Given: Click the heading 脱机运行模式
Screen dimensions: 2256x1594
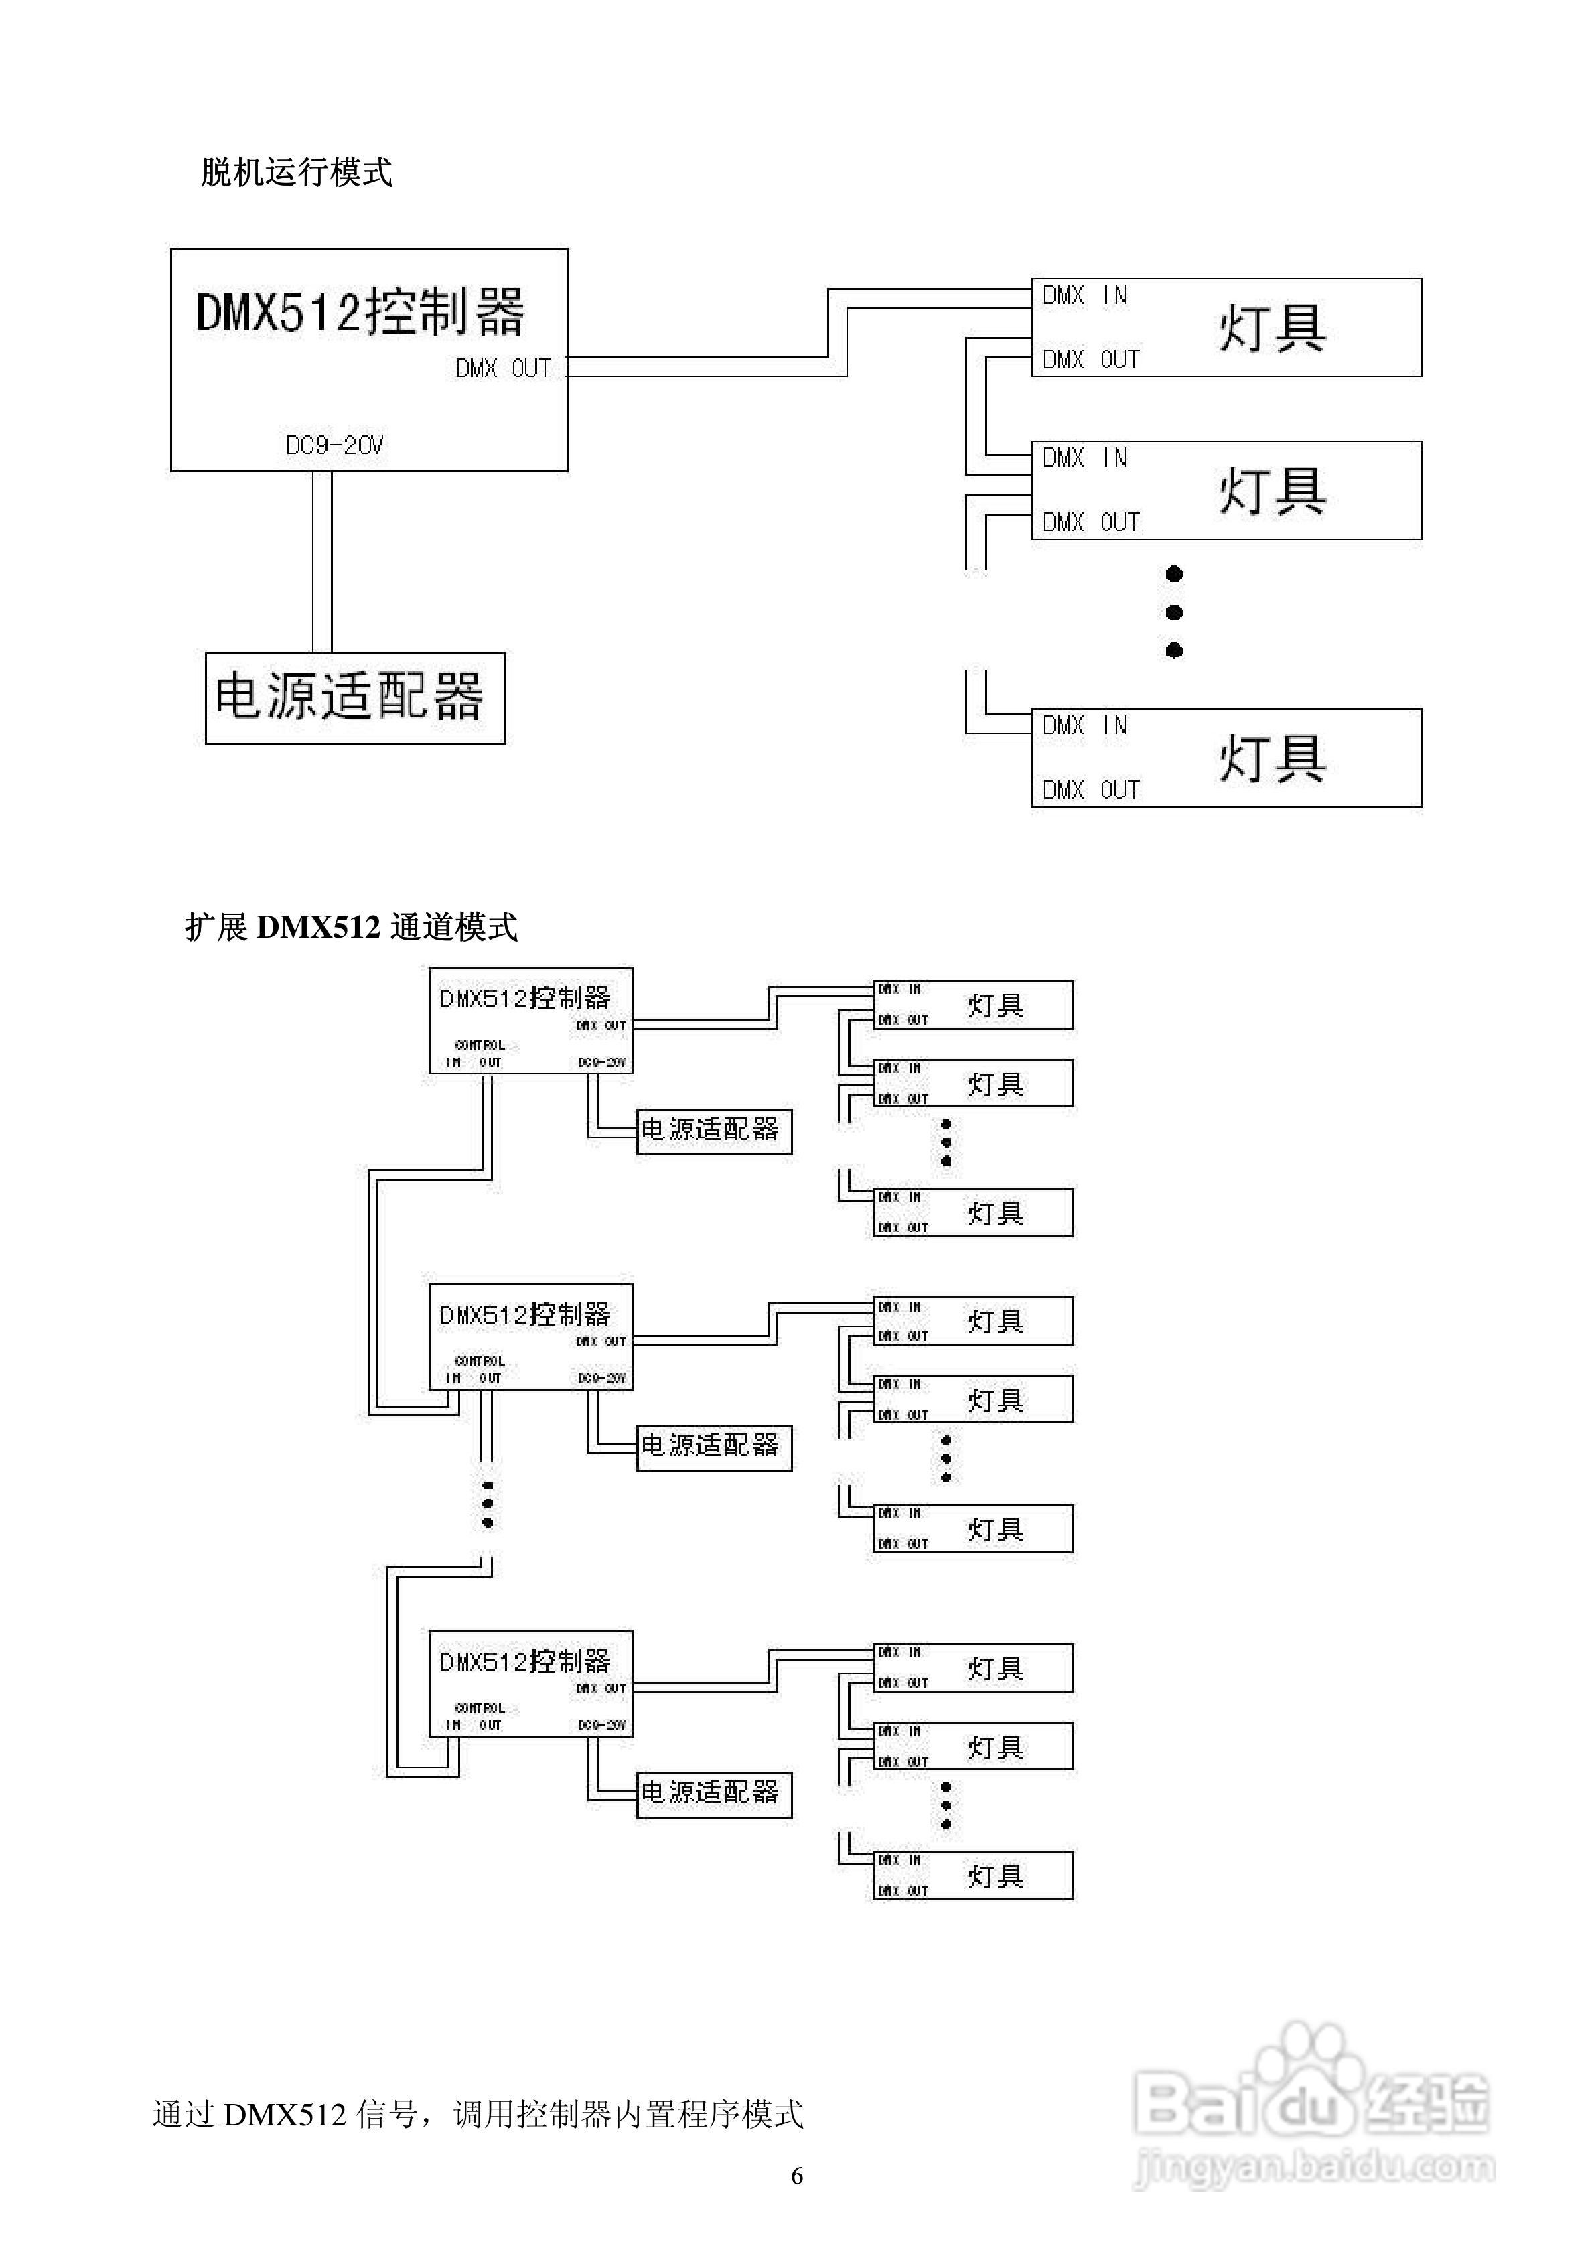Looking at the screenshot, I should click(296, 172).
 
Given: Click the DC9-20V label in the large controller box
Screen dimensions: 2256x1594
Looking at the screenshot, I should click(334, 445).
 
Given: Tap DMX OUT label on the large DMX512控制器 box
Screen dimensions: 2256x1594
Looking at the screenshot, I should click(502, 368).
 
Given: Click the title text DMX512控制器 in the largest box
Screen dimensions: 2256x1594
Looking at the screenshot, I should click(361, 311).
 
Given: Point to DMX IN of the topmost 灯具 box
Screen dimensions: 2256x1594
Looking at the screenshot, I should click(1084, 295).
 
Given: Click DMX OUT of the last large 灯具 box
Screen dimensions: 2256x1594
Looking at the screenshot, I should click(1090, 789).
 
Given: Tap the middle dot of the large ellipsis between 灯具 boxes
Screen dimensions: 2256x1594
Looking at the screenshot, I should click(1173, 612).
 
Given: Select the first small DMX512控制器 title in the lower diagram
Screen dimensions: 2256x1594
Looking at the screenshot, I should click(525, 998).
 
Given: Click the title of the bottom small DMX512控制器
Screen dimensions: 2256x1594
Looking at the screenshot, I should click(525, 1662).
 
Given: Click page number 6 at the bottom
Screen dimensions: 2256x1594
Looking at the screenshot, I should click(797, 2176).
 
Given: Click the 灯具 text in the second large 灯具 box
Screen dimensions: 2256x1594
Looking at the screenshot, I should click(1272, 490).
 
